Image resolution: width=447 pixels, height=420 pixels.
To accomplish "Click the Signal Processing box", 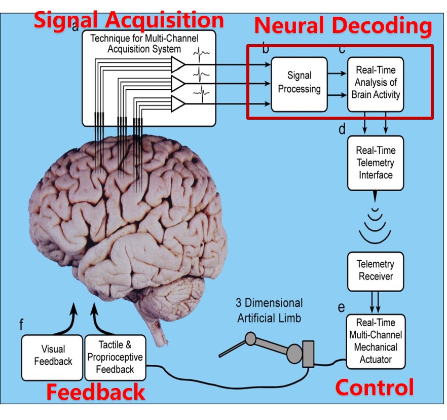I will point(299,84).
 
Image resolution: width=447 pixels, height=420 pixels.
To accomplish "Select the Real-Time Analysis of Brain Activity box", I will point(375,84).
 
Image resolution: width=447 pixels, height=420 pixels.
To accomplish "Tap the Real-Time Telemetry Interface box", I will point(375,162).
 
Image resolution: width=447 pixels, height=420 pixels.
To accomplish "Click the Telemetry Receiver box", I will point(375,270).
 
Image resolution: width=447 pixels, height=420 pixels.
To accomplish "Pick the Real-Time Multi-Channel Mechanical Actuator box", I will point(375,341).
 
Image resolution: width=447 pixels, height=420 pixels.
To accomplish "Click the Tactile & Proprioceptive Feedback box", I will point(115,357).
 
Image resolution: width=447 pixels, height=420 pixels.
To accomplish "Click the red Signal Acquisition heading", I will point(129,20).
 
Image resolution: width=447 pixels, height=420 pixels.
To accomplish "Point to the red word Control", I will point(375,388).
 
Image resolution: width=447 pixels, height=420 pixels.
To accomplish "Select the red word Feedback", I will point(96,392).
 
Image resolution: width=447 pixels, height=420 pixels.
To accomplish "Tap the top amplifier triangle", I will point(178,64).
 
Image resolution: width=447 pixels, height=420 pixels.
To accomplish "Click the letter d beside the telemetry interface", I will point(342,129).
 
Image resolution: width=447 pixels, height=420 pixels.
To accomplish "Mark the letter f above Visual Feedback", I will point(21,323).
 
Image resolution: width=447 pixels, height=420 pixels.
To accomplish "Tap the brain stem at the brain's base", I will point(161,320).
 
